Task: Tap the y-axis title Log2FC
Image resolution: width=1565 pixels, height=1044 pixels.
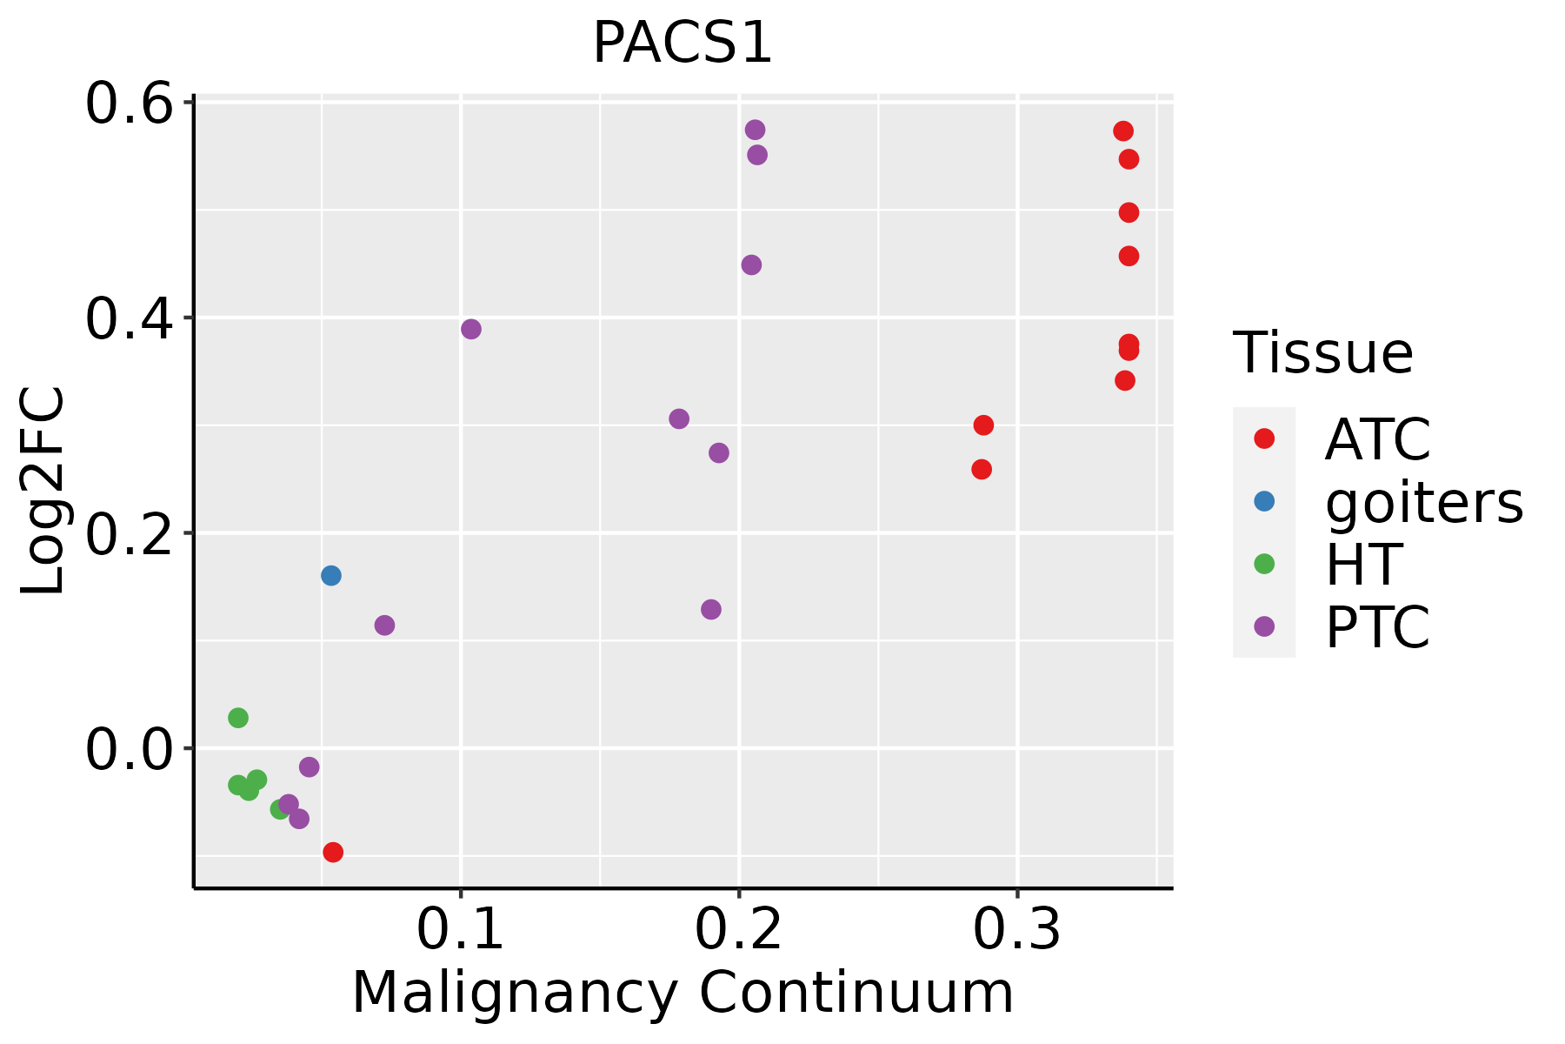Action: click(43, 492)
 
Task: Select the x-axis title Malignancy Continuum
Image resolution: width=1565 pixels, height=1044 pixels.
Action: click(683, 993)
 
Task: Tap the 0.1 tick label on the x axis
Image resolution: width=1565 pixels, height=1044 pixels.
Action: click(461, 930)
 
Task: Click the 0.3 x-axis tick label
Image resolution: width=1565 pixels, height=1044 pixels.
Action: click(1016, 930)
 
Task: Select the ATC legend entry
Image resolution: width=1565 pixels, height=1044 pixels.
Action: click(1377, 439)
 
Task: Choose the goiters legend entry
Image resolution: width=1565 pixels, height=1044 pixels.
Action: click(1423, 502)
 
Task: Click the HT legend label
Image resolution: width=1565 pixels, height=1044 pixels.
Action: click(1363, 565)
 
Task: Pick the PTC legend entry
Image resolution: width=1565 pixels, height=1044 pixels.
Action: click(1377, 627)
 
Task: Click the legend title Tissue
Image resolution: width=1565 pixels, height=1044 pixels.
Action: click(1323, 353)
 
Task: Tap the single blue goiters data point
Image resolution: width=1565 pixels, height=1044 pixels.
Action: click(331, 576)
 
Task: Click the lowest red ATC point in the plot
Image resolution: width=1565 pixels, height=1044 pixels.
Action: click(333, 853)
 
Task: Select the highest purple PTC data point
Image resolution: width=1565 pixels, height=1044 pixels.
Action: click(756, 130)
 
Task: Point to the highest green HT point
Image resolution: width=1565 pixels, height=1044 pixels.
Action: click(238, 718)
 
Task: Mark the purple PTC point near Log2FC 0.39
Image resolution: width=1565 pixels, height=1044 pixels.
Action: click(471, 329)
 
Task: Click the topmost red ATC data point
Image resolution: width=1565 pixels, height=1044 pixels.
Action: click(1123, 131)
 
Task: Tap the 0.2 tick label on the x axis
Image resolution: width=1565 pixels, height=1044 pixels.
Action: click(739, 930)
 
